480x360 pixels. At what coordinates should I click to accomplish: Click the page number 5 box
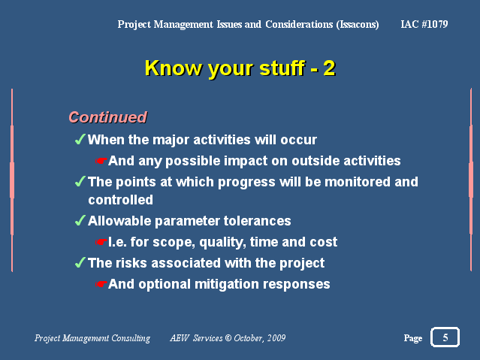point(445,337)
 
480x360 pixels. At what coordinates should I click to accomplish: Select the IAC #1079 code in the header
point(424,24)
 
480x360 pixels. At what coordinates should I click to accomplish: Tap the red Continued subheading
point(107,117)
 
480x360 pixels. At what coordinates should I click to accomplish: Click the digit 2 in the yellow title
point(329,68)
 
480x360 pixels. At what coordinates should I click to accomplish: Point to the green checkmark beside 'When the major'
point(80,139)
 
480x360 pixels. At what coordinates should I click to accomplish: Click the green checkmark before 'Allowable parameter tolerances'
point(80,220)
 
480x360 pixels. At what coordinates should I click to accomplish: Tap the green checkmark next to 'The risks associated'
point(80,262)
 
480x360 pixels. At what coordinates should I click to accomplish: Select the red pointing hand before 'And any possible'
point(101,161)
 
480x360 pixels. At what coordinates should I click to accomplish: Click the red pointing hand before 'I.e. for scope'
point(101,242)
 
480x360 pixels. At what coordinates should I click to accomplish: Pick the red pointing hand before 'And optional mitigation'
point(101,284)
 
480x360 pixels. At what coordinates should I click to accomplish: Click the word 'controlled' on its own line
point(121,200)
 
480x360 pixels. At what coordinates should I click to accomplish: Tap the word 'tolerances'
point(257,221)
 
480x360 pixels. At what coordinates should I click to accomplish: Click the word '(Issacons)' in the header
point(358,24)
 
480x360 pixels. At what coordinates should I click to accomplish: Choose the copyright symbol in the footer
point(228,337)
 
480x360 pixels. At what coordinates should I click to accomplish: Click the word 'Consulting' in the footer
point(131,338)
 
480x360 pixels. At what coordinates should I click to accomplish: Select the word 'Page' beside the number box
point(413,338)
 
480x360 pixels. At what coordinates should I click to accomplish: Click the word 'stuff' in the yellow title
point(282,68)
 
